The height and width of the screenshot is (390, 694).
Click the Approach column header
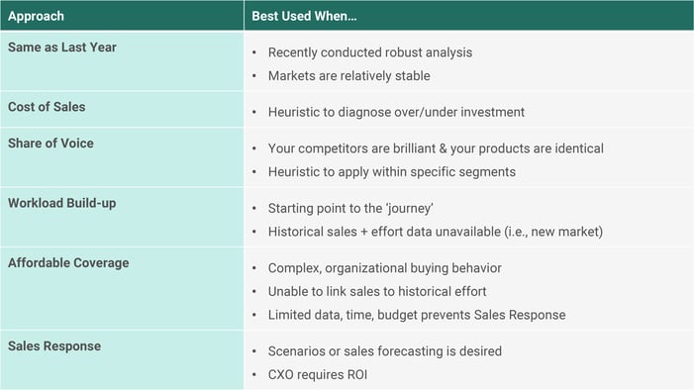pos(37,17)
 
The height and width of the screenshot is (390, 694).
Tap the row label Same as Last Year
pos(62,47)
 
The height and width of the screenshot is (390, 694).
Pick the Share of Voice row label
pos(51,143)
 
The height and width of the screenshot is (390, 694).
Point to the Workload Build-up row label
pos(64,202)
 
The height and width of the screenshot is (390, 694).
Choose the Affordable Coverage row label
pos(68,262)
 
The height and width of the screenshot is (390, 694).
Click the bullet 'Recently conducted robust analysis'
pos(369,52)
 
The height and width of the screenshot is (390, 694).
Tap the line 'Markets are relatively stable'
pos(348,76)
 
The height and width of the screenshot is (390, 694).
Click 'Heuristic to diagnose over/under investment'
pos(396,112)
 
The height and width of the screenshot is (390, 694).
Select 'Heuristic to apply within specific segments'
pos(393,172)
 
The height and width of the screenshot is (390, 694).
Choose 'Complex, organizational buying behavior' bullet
pos(384,268)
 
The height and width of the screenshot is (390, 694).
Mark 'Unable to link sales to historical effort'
pos(377,291)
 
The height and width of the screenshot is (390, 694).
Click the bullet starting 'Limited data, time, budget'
pos(416,315)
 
